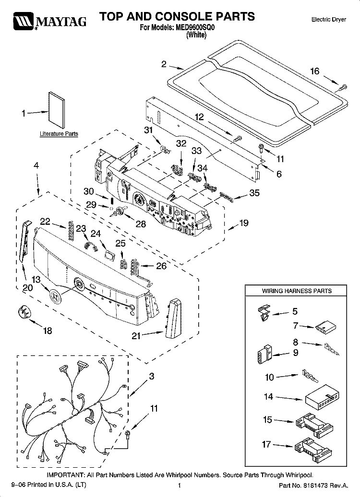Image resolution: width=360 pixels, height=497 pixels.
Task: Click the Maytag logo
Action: coord(49,21)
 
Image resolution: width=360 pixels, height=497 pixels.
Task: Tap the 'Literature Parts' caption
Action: coord(59,134)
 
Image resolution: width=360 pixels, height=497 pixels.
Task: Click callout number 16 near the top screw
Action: coord(315,71)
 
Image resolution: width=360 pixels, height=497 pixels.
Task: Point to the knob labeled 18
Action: coord(24,312)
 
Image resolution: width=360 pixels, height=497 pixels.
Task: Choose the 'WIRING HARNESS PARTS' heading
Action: coord(297,291)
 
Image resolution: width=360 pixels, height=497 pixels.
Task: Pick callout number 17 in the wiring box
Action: coord(266,444)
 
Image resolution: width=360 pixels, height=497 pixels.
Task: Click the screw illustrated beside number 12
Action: coord(237,139)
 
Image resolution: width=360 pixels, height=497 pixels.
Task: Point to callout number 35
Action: coord(254,193)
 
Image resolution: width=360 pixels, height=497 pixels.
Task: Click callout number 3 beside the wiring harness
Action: coord(152,376)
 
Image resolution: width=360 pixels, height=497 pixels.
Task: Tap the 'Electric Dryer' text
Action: coord(329,20)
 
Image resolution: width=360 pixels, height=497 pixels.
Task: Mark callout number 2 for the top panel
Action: coord(164,64)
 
